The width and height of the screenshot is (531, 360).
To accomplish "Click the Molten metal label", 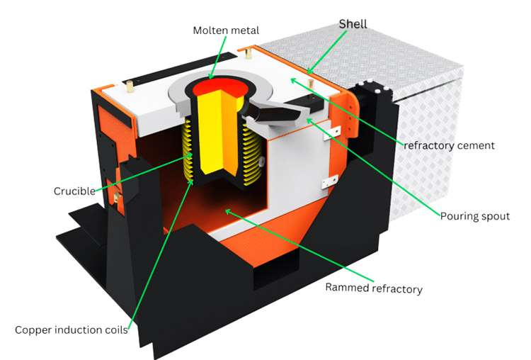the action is pos(226,30).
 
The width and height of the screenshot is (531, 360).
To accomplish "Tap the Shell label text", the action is pos(353,24).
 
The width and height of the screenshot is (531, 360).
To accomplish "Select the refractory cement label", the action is pos(449,145).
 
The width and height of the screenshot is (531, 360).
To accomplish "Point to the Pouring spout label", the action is pos(475,216).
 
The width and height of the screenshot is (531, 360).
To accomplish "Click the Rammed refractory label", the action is pos(374,288).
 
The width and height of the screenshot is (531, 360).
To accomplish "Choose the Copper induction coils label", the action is pos(72,330).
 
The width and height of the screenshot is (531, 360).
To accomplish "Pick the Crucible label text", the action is pos(74,191).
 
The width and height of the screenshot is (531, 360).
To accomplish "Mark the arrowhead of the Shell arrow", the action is pos(309,71).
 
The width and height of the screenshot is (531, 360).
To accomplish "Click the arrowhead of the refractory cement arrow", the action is pos(293,81).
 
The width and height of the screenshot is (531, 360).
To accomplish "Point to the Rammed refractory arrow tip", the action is pos(228,211).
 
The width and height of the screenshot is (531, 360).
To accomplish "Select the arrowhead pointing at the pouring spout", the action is pos(309,120).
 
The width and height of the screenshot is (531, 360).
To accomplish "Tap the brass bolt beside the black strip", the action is pos(130,86).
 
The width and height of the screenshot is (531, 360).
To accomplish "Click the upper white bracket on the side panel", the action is pos(332,133).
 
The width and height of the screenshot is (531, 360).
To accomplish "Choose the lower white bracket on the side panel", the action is pos(329,181).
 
